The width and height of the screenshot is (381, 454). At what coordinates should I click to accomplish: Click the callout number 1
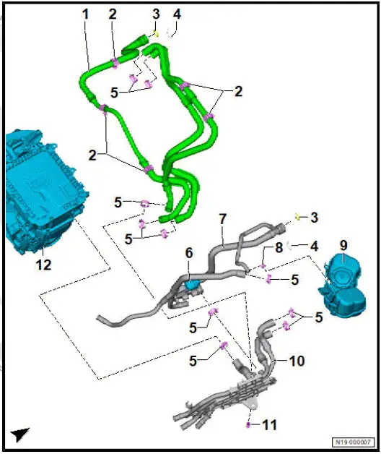[85, 14]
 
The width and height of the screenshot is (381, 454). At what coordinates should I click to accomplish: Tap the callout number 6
[189, 253]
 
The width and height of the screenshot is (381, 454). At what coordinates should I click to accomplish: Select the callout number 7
[223, 218]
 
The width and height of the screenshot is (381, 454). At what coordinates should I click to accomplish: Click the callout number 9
[343, 245]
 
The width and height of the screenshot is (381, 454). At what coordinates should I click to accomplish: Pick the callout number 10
[296, 360]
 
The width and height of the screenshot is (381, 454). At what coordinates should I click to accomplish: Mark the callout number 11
[269, 425]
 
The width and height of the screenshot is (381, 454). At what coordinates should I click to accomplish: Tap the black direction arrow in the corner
[20, 434]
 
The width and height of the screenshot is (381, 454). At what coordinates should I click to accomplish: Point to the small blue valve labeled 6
[191, 286]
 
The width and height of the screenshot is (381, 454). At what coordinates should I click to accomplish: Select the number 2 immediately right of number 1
[113, 14]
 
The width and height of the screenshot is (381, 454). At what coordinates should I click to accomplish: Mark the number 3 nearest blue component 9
[314, 216]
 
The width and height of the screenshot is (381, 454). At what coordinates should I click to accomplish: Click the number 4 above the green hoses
[177, 14]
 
